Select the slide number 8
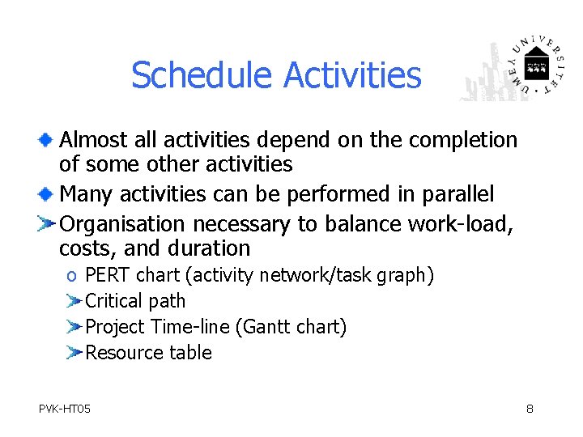[530, 409]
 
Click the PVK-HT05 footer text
[65, 409]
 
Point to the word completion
[463, 141]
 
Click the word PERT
[108, 275]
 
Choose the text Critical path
[135, 301]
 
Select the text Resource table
[148, 353]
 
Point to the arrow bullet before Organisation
[47, 223]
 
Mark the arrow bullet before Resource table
[73, 353]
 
